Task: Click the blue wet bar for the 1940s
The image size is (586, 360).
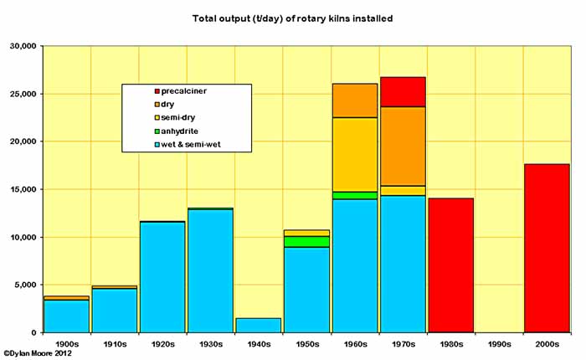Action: click(x=258, y=325)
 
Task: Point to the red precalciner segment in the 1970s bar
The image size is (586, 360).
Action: click(x=403, y=91)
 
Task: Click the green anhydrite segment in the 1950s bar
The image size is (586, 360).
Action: click(x=307, y=241)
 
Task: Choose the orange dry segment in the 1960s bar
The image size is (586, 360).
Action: click(x=355, y=100)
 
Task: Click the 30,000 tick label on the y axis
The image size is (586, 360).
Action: click(x=21, y=46)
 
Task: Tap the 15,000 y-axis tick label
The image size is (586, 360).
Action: click(x=21, y=190)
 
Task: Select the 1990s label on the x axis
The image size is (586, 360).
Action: click(x=499, y=344)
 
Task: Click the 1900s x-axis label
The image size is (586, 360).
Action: click(x=67, y=344)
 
